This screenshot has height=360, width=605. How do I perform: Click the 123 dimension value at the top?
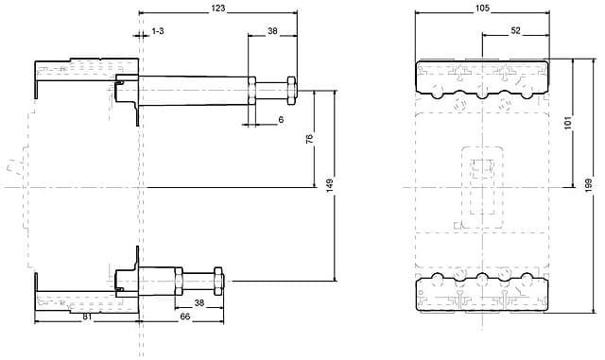click(218, 8)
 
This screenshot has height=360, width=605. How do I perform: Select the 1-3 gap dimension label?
click(158, 31)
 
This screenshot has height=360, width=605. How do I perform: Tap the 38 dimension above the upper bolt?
click(272, 31)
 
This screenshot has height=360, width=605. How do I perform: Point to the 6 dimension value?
click(281, 120)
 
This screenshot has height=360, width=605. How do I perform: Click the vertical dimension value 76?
click(309, 139)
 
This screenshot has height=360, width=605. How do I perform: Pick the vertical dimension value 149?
click(330, 186)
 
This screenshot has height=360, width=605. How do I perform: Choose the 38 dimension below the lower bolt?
click(199, 303)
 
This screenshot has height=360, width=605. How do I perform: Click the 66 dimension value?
click(185, 317)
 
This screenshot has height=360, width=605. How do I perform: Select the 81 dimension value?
click(87, 317)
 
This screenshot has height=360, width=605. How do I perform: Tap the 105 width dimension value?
click(482, 8)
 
